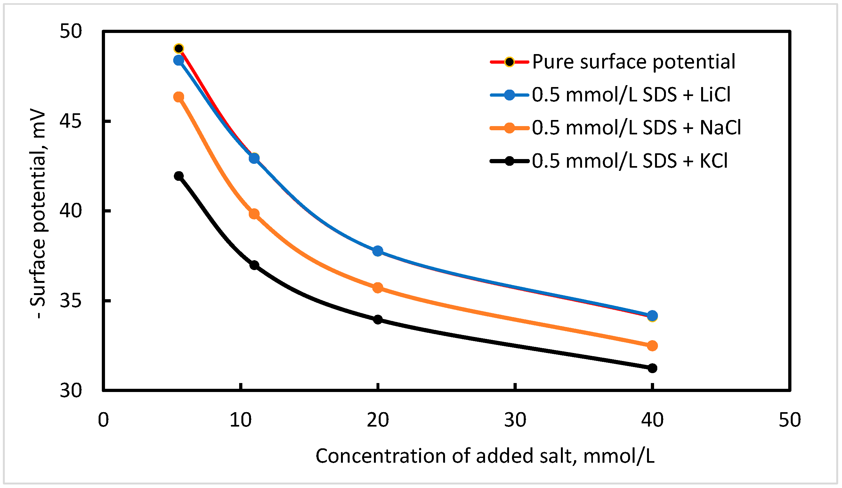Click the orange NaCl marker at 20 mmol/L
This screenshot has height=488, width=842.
378,288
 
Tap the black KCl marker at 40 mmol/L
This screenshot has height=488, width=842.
652,368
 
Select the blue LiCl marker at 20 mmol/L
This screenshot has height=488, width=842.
378,251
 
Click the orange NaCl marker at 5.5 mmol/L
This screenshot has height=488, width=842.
179,97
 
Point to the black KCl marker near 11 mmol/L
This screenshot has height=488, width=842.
254,266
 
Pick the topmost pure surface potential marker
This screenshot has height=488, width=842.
179,49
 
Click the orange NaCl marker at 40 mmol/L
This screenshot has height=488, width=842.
652,346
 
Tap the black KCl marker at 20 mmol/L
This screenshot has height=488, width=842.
378,320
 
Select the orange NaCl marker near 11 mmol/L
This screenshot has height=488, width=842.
254,214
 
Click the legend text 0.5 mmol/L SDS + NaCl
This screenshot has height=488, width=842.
636,128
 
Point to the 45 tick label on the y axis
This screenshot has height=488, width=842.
70,121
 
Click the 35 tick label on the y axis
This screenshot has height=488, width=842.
70,300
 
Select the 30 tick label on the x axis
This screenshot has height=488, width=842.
515,420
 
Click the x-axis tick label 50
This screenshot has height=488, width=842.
789,420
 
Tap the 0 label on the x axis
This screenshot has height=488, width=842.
103,420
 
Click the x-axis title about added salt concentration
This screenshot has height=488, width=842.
485,456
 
